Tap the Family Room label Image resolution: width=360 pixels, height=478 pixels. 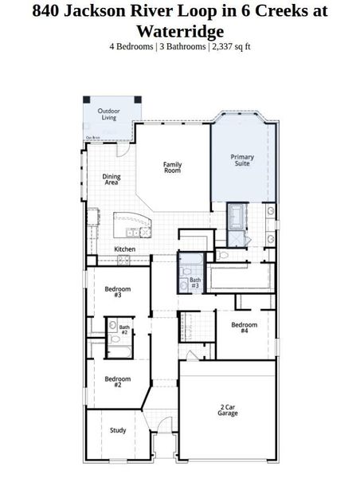coord(173,167)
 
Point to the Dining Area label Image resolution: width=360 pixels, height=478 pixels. coord(112,180)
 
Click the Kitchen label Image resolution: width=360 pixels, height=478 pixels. coord(125,249)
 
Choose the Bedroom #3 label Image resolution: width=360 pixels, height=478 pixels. coord(117,292)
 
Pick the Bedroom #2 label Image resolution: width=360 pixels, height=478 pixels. coord(117,382)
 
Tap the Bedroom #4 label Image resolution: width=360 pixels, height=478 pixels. coord(244,327)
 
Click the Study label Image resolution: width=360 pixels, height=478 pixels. coord(118,430)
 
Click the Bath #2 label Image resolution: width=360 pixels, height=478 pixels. coord(124,330)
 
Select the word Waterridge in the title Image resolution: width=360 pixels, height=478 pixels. coord(179,31)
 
